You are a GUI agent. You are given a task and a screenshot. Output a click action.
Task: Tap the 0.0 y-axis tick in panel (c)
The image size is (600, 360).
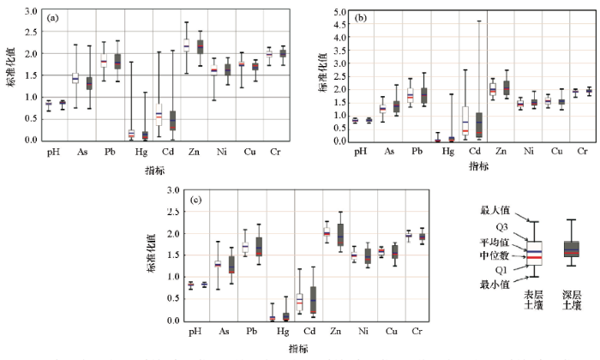coord(176,321)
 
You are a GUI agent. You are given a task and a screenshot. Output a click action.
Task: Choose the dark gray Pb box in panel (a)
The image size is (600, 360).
coord(117,61)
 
